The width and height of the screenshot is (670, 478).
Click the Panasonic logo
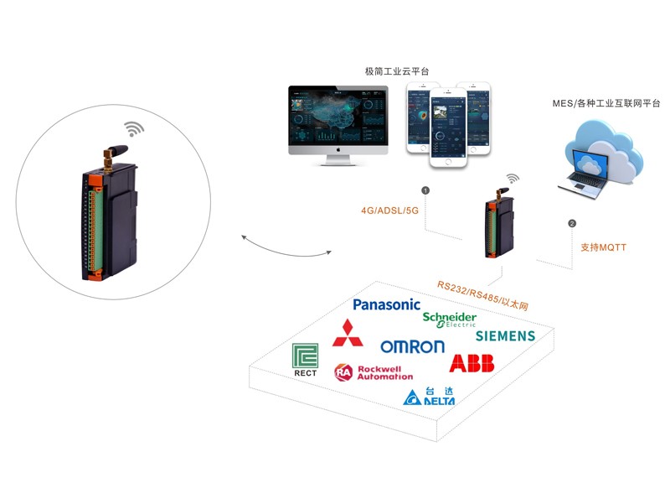point(386,305)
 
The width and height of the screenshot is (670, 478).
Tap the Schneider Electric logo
point(450,320)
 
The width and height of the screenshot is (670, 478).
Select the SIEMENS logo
point(505,336)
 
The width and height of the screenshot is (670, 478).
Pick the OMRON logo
point(412,346)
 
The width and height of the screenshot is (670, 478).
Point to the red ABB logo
point(472,363)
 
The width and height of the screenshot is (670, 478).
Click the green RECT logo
point(306,360)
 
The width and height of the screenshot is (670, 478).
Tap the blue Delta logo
point(430,396)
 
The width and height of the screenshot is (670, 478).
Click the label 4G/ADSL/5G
point(389,210)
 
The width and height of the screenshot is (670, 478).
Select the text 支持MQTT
point(603,247)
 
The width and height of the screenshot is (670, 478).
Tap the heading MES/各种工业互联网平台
point(606,103)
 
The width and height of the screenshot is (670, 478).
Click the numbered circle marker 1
point(425,190)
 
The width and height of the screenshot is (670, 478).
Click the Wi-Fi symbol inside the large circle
point(133,128)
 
